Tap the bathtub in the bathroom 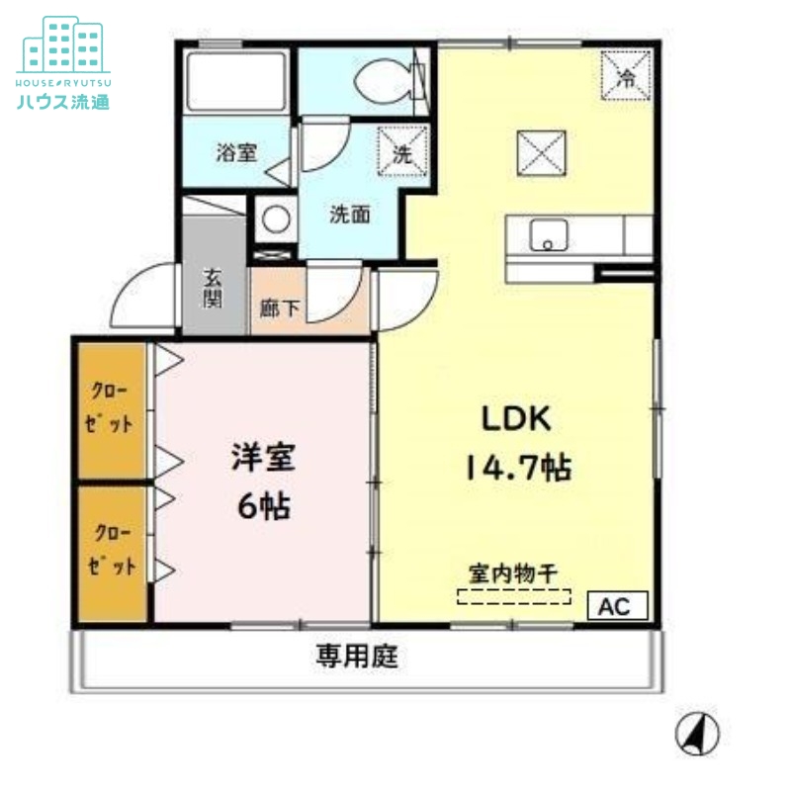coord(235,80)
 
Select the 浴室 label coord(237,153)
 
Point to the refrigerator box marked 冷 coord(626,77)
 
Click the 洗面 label coord(350,214)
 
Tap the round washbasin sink coord(276,218)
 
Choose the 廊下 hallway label coord(279,308)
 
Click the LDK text coord(516,418)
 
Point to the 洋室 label coord(263,458)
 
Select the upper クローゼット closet coord(112,407)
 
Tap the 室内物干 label coord(513,572)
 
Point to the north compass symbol coord(697,735)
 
